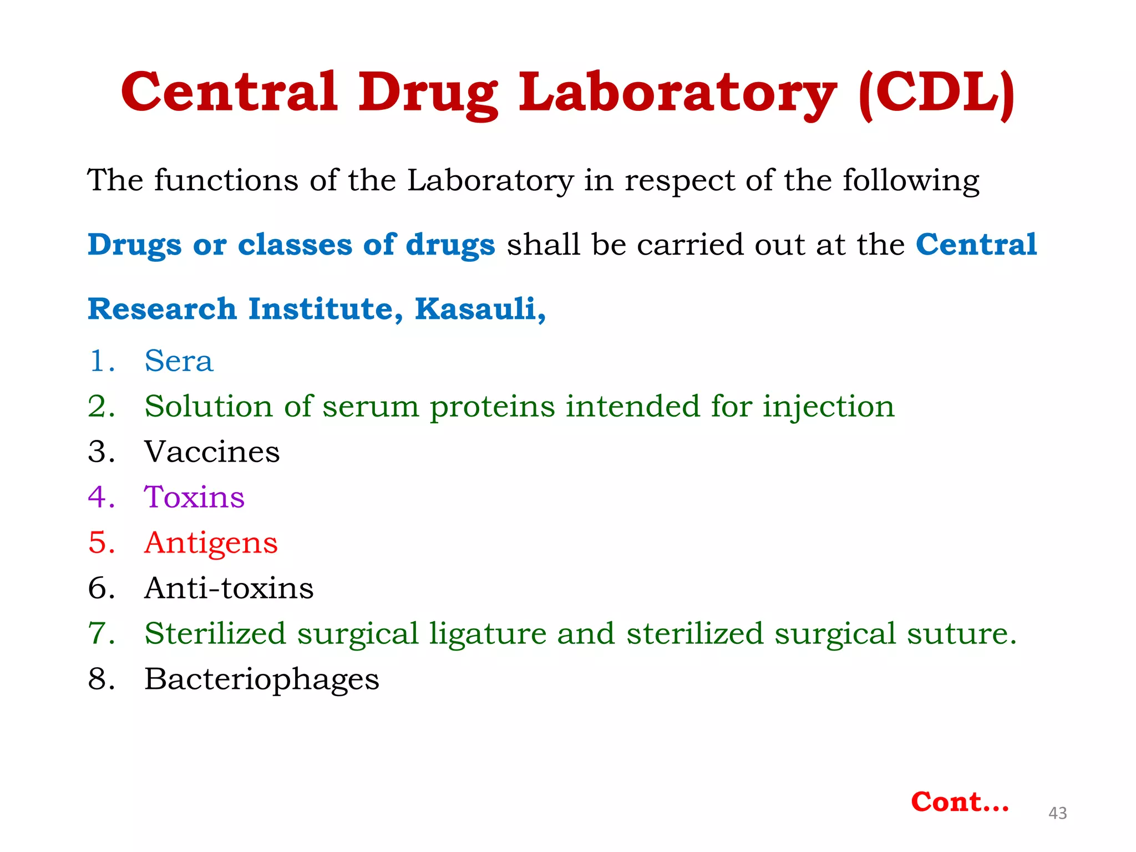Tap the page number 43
(x=1057, y=813)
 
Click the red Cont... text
(x=960, y=802)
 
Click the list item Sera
(x=179, y=361)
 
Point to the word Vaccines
(x=212, y=452)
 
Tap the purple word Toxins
(x=194, y=497)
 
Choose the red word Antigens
(x=211, y=543)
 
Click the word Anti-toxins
(x=229, y=588)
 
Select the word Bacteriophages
(x=261, y=679)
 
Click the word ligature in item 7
(x=488, y=633)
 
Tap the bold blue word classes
(x=294, y=245)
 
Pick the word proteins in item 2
(x=492, y=407)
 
